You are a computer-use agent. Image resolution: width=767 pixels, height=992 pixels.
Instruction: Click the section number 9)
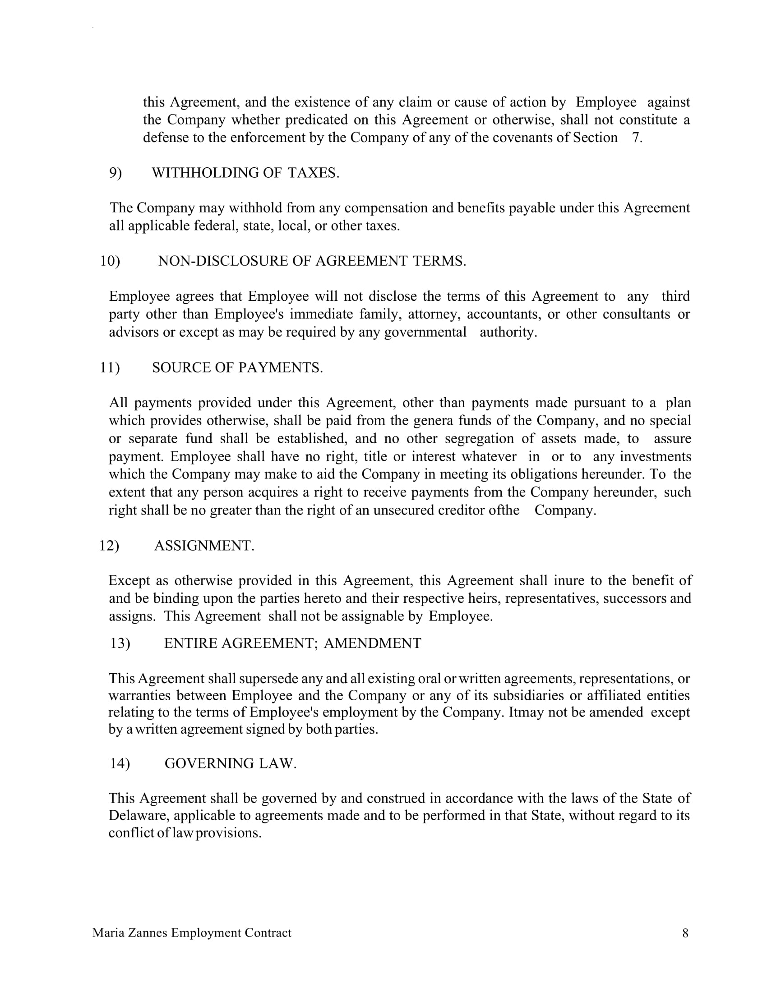click(x=116, y=173)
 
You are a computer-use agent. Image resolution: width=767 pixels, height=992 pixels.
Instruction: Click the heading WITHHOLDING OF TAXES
click(x=245, y=173)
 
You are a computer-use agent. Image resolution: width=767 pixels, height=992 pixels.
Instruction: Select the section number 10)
click(x=110, y=261)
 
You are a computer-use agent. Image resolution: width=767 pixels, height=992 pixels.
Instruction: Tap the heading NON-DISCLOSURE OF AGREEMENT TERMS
click(x=312, y=261)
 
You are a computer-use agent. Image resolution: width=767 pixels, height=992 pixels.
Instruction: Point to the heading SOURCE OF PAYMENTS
click(x=237, y=368)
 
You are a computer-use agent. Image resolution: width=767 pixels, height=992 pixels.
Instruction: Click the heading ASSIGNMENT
click(x=204, y=546)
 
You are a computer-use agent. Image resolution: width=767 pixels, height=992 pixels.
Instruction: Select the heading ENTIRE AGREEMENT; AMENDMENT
click(x=293, y=643)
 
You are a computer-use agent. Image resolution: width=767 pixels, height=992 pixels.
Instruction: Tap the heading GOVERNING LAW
click(x=231, y=763)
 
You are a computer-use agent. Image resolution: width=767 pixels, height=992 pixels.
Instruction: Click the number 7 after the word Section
click(x=636, y=138)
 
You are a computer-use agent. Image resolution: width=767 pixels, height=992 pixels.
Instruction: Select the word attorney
click(x=434, y=314)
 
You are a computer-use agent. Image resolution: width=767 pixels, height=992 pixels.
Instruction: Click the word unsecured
click(x=403, y=510)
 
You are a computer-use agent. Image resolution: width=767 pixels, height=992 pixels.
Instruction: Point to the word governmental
click(x=425, y=332)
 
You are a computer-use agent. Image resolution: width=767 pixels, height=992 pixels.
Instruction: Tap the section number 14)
click(x=120, y=763)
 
